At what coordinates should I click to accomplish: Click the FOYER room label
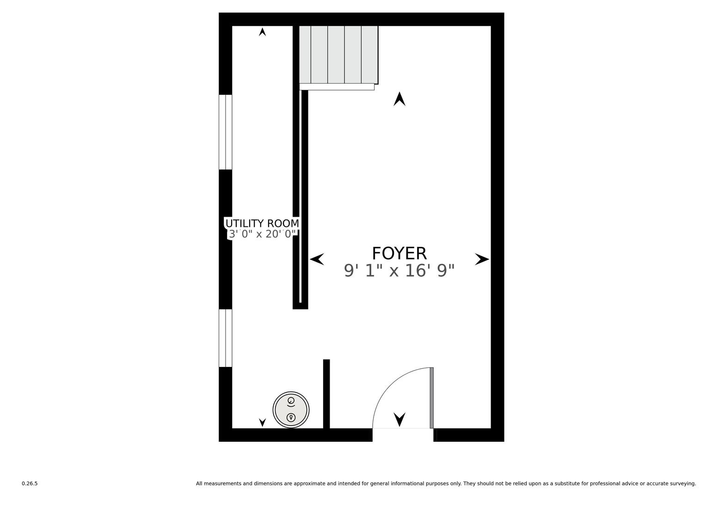pyautogui.click(x=399, y=253)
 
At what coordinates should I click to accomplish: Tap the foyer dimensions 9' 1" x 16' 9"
pyautogui.click(x=399, y=270)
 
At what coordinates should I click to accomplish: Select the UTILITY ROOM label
pyautogui.click(x=262, y=223)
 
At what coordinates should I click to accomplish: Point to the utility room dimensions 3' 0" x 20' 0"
pyautogui.click(x=262, y=234)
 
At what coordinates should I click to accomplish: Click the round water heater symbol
pyautogui.click(x=291, y=409)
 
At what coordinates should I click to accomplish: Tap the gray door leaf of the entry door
pyautogui.click(x=432, y=398)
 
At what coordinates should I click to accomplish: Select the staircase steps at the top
pyautogui.click(x=338, y=55)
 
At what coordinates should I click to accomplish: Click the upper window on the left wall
pyautogui.click(x=225, y=132)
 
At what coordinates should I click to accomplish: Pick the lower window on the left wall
pyautogui.click(x=225, y=338)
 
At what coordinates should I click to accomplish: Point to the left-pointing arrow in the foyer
pyautogui.click(x=317, y=259)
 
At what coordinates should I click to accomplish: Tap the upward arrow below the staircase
pyautogui.click(x=399, y=99)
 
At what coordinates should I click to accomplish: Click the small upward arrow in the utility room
pyautogui.click(x=263, y=32)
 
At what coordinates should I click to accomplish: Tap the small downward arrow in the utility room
pyautogui.click(x=263, y=422)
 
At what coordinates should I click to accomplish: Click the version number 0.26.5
pyautogui.click(x=30, y=483)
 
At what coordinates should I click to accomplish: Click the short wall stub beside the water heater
pyautogui.click(x=326, y=394)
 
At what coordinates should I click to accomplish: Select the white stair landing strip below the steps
pyautogui.click(x=337, y=87)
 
